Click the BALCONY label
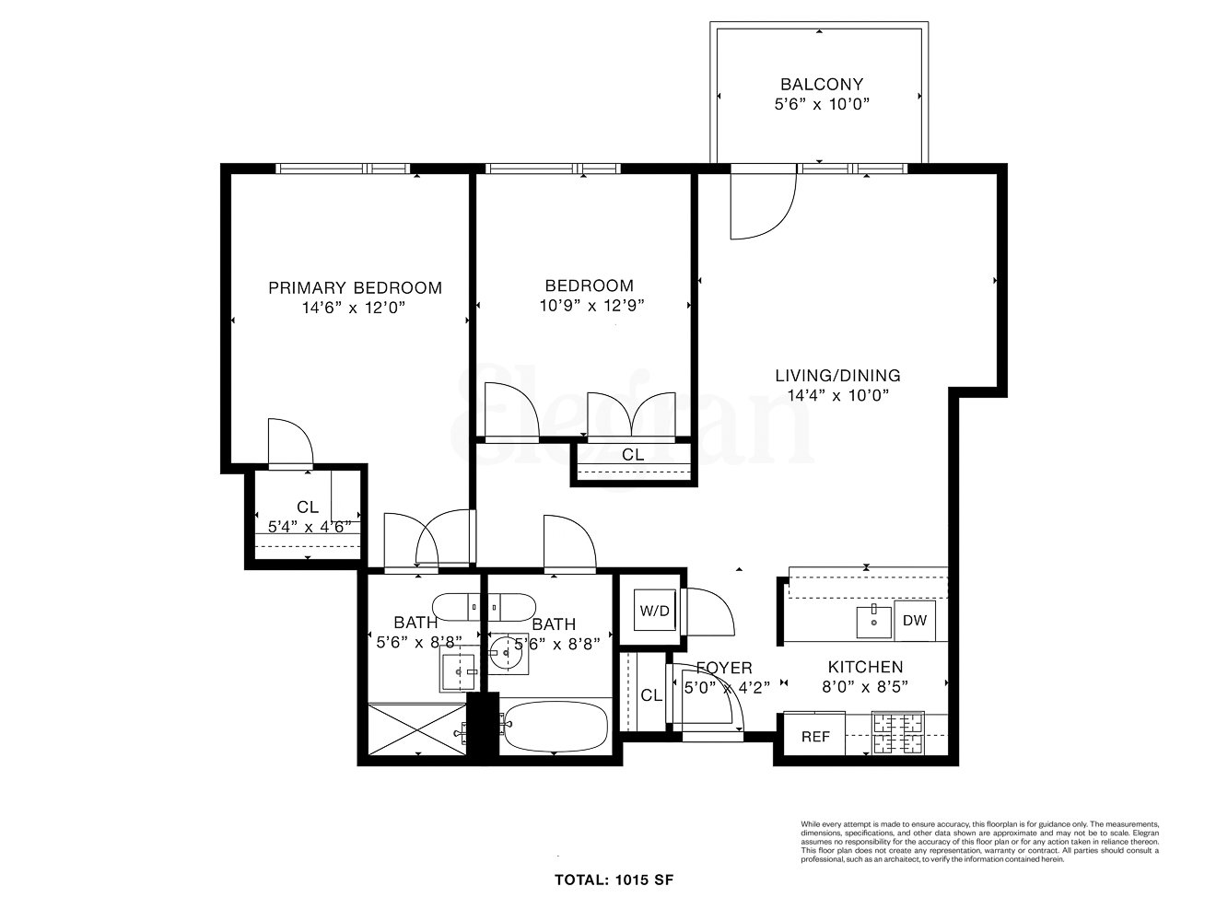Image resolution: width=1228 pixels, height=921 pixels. [821, 84]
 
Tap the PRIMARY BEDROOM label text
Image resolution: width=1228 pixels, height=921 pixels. [355, 287]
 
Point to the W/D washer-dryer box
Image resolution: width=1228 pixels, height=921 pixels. [654, 611]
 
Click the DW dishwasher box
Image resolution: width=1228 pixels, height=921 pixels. [914, 620]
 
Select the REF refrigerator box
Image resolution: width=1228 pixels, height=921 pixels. [814, 737]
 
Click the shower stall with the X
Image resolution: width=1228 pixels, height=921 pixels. [416, 732]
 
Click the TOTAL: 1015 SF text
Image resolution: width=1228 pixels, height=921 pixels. [614, 880]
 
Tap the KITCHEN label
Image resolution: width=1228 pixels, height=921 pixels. [864, 667]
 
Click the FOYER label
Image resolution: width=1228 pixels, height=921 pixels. [723, 668]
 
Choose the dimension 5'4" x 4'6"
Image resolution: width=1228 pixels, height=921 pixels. [308, 527]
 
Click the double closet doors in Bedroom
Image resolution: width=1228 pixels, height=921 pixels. [652, 416]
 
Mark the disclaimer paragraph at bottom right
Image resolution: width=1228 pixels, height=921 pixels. [979, 842]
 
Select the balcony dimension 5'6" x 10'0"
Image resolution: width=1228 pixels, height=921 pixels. [821, 104]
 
